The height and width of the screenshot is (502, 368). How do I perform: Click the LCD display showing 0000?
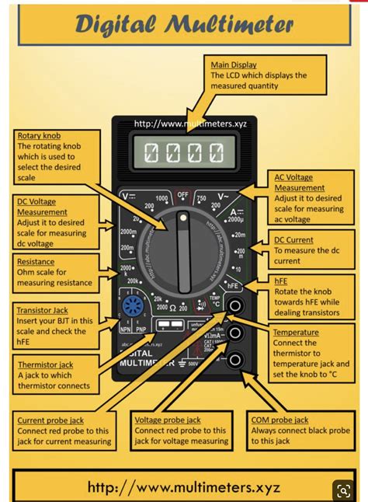pyautogui.click(x=183, y=152)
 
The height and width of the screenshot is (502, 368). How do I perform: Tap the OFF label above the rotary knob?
pyautogui.click(x=183, y=194)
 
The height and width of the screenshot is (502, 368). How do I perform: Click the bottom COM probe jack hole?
pyautogui.click(x=233, y=359)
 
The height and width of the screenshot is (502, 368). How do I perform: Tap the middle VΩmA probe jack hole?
pyautogui.click(x=233, y=333)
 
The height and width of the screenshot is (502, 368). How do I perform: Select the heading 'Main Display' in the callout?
pyautogui.click(x=234, y=64)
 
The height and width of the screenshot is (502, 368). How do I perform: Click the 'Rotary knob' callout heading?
pyautogui.click(x=40, y=136)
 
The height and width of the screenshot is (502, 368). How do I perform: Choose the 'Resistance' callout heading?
pyautogui.click(x=36, y=263)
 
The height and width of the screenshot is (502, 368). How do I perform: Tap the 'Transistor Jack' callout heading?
pyautogui.click(x=43, y=310)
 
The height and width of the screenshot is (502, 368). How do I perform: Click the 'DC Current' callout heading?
pyautogui.click(x=294, y=241)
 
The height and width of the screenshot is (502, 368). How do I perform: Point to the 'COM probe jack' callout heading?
pyautogui.click(x=279, y=420)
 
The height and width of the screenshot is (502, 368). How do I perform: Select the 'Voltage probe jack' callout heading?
pyautogui.click(x=169, y=420)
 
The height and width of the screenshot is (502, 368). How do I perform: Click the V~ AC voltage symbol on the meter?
pyautogui.click(x=222, y=197)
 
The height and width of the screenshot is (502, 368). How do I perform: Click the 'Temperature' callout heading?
pyautogui.click(x=295, y=333)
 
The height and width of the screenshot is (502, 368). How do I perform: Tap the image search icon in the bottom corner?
pyautogui.click(x=342, y=490)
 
